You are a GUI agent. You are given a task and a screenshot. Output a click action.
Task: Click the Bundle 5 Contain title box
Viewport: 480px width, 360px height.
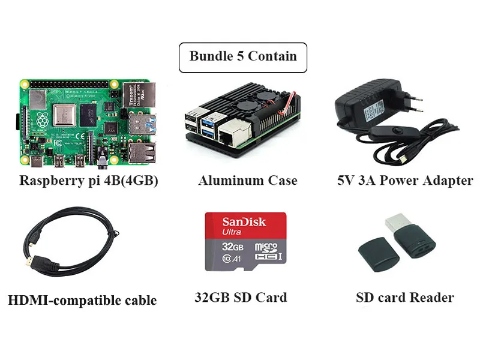click(x=242, y=57)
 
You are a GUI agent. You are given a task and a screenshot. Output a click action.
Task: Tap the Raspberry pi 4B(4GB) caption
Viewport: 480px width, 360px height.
click(x=89, y=180)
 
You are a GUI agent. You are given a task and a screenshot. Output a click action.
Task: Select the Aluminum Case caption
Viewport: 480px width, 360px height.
click(x=247, y=180)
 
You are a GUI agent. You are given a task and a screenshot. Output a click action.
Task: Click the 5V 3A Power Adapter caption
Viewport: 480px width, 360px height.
click(x=405, y=180)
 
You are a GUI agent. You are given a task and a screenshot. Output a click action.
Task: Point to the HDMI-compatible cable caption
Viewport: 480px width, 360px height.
click(x=82, y=299)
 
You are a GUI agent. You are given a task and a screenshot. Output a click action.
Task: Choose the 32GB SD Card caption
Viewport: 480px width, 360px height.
click(x=241, y=297)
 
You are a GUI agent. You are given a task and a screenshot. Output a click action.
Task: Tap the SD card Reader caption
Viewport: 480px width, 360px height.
click(x=404, y=297)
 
